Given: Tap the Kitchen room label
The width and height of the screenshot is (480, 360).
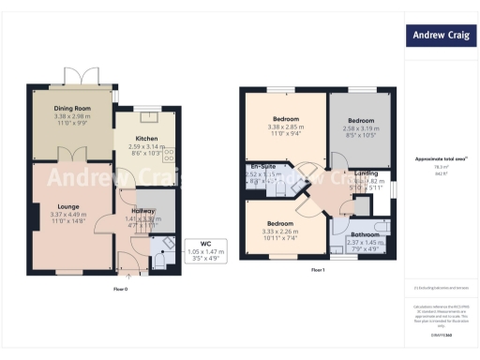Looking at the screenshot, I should (x=146, y=139).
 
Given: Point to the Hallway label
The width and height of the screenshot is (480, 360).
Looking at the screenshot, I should (x=143, y=211).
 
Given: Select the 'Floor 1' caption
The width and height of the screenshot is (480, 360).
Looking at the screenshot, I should (x=318, y=269).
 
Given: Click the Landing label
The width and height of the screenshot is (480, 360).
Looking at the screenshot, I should (x=367, y=173).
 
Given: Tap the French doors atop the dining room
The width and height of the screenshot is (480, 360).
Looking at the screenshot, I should (x=74, y=77).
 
